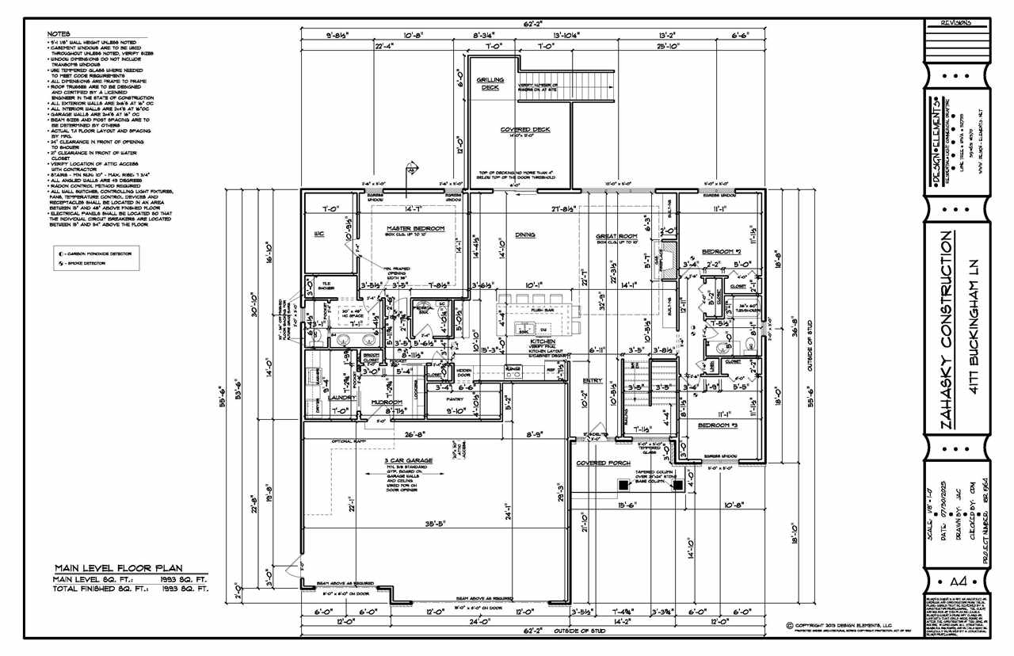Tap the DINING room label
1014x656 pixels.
(x=524, y=235)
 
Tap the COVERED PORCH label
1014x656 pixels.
(x=602, y=463)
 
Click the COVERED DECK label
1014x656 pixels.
(x=524, y=129)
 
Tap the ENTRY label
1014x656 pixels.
(x=592, y=380)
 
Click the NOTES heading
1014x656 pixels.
(x=59, y=35)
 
